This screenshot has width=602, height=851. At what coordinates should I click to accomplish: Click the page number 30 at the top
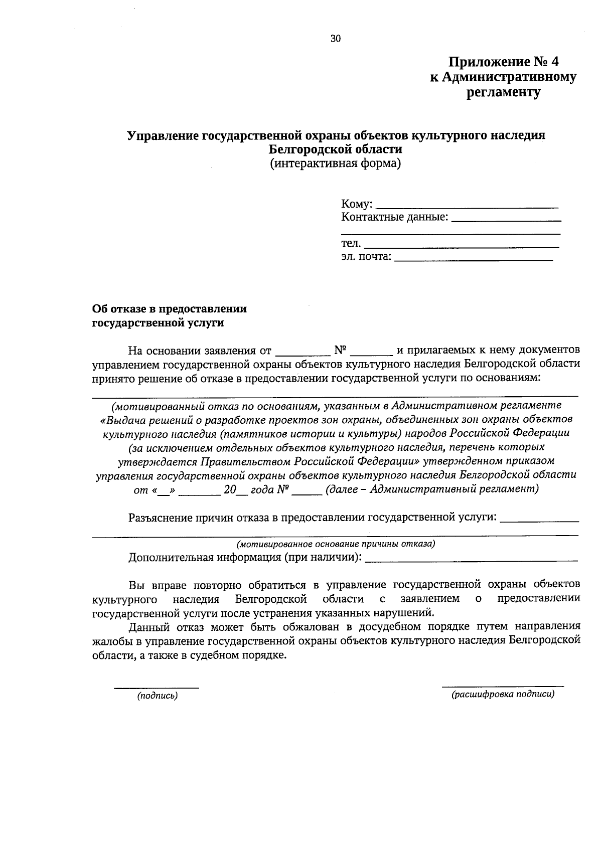[335, 39]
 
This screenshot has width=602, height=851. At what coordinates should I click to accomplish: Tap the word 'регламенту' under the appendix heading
[503, 92]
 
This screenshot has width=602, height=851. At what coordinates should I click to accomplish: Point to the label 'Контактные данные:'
[394, 217]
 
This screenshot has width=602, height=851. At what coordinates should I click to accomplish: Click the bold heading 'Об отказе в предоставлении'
[170, 309]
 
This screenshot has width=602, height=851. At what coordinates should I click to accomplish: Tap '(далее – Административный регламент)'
[431, 489]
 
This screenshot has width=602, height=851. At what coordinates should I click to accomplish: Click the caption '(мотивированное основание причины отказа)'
[335, 544]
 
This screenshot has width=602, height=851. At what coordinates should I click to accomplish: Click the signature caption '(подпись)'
[158, 696]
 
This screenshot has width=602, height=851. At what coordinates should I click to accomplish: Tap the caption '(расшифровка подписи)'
[503, 695]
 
